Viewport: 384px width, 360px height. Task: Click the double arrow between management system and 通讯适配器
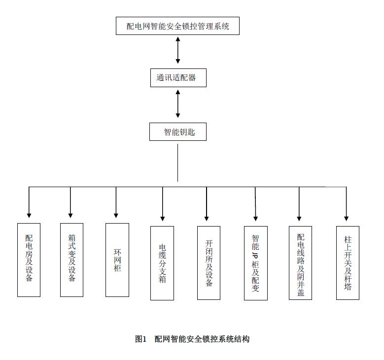click(178, 50)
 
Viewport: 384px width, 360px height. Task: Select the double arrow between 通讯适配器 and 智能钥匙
click(178, 104)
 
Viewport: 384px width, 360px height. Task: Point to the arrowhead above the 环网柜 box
click(116, 216)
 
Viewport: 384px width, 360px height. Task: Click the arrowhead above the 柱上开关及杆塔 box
click(346, 219)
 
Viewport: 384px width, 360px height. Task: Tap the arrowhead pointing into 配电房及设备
click(29, 216)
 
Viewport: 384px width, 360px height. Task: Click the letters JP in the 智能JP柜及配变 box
click(255, 255)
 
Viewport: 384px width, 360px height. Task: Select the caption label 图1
click(141, 339)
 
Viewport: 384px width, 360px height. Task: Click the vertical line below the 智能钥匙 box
click(177, 163)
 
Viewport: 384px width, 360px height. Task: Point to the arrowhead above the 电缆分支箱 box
click(162, 219)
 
